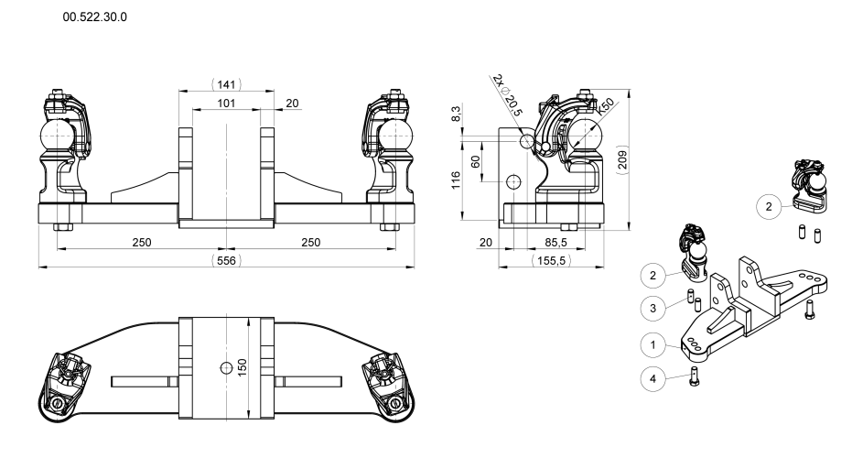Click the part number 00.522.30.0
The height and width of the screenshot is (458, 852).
pyautogui.click(x=94, y=16)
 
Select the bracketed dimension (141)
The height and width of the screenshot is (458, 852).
pyautogui.click(x=226, y=84)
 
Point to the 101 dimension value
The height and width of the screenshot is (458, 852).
pyautogui.click(x=226, y=103)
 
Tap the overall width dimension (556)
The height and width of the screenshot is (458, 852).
pyautogui.click(x=226, y=260)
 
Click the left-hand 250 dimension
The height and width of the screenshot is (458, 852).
pyautogui.click(x=142, y=242)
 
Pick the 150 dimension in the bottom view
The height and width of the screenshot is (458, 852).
pyautogui.click(x=243, y=366)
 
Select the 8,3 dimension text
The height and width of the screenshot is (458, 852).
pyautogui.click(x=456, y=114)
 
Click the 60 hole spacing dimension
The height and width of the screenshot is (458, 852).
pyautogui.click(x=476, y=161)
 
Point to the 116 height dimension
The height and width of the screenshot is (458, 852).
pyautogui.click(x=456, y=180)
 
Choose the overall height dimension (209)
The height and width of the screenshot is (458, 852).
pyautogui.click(x=622, y=159)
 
